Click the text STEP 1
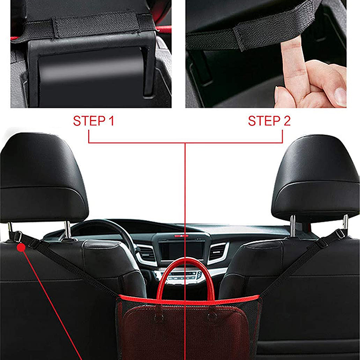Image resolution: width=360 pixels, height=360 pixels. [x=94, y=121]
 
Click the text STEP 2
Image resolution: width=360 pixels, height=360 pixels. [x=269, y=121]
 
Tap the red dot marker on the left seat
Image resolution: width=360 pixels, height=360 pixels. [x=21, y=248]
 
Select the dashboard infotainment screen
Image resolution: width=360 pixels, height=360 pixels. [x=181, y=250]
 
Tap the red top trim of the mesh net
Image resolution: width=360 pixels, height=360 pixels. [x=188, y=300]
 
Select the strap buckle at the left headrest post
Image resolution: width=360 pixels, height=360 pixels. [x=18, y=237]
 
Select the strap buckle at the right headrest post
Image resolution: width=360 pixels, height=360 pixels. [x=340, y=234]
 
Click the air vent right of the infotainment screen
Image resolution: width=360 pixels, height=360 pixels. [x=217, y=252]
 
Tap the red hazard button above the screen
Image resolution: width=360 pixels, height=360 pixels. [x=181, y=236]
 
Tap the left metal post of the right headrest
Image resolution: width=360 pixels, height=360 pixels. [x=292, y=226]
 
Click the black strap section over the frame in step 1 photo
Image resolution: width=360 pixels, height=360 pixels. [x=96, y=25]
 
